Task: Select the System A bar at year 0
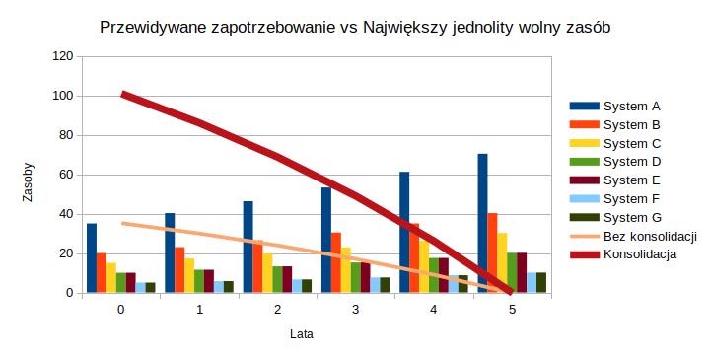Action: click(x=92, y=258)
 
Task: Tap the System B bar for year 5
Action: click(x=492, y=253)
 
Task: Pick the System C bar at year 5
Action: click(x=502, y=263)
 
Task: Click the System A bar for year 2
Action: click(x=248, y=248)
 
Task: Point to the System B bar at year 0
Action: click(x=102, y=273)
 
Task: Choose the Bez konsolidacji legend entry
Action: click(x=650, y=237)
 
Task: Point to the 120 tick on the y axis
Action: click(x=63, y=57)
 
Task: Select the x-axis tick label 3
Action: click(x=355, y=310)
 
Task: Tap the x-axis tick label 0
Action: click(x=121, y=310)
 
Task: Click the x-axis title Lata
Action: click(x=302, y=334)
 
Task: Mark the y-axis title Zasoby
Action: click(x=29, y=181)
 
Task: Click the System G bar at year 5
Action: click(x=541, y=283)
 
